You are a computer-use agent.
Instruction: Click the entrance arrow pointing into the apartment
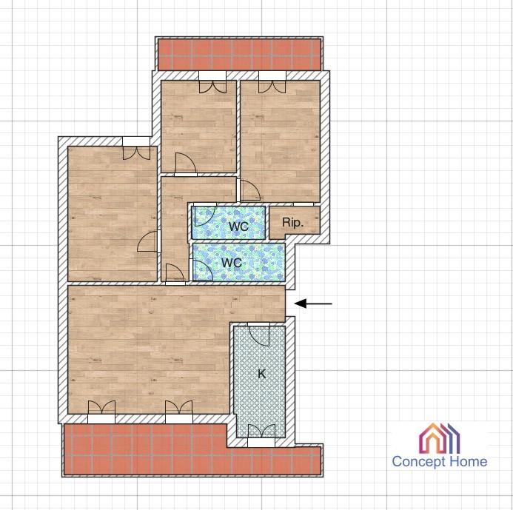pos(313,303)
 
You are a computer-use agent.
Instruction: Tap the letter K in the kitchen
pos(261,374)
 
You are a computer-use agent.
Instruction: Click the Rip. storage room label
pos(293,223)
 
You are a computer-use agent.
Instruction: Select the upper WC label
pos(238,226)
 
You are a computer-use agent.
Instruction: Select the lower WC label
pos(232,262)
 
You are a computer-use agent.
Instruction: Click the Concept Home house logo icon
pos(440,438)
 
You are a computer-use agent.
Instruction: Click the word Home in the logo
pos(468,462)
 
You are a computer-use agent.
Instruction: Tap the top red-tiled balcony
pos(239,54)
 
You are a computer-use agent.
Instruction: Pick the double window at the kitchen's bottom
pos(261,431)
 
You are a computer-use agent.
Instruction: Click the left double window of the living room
pos(101,408)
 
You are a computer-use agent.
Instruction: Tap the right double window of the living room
pos(178,408)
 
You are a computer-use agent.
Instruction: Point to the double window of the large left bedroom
pos(136,153)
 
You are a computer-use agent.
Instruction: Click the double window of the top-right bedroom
pos(272,87)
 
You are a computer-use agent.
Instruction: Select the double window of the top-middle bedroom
pos(212,87)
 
